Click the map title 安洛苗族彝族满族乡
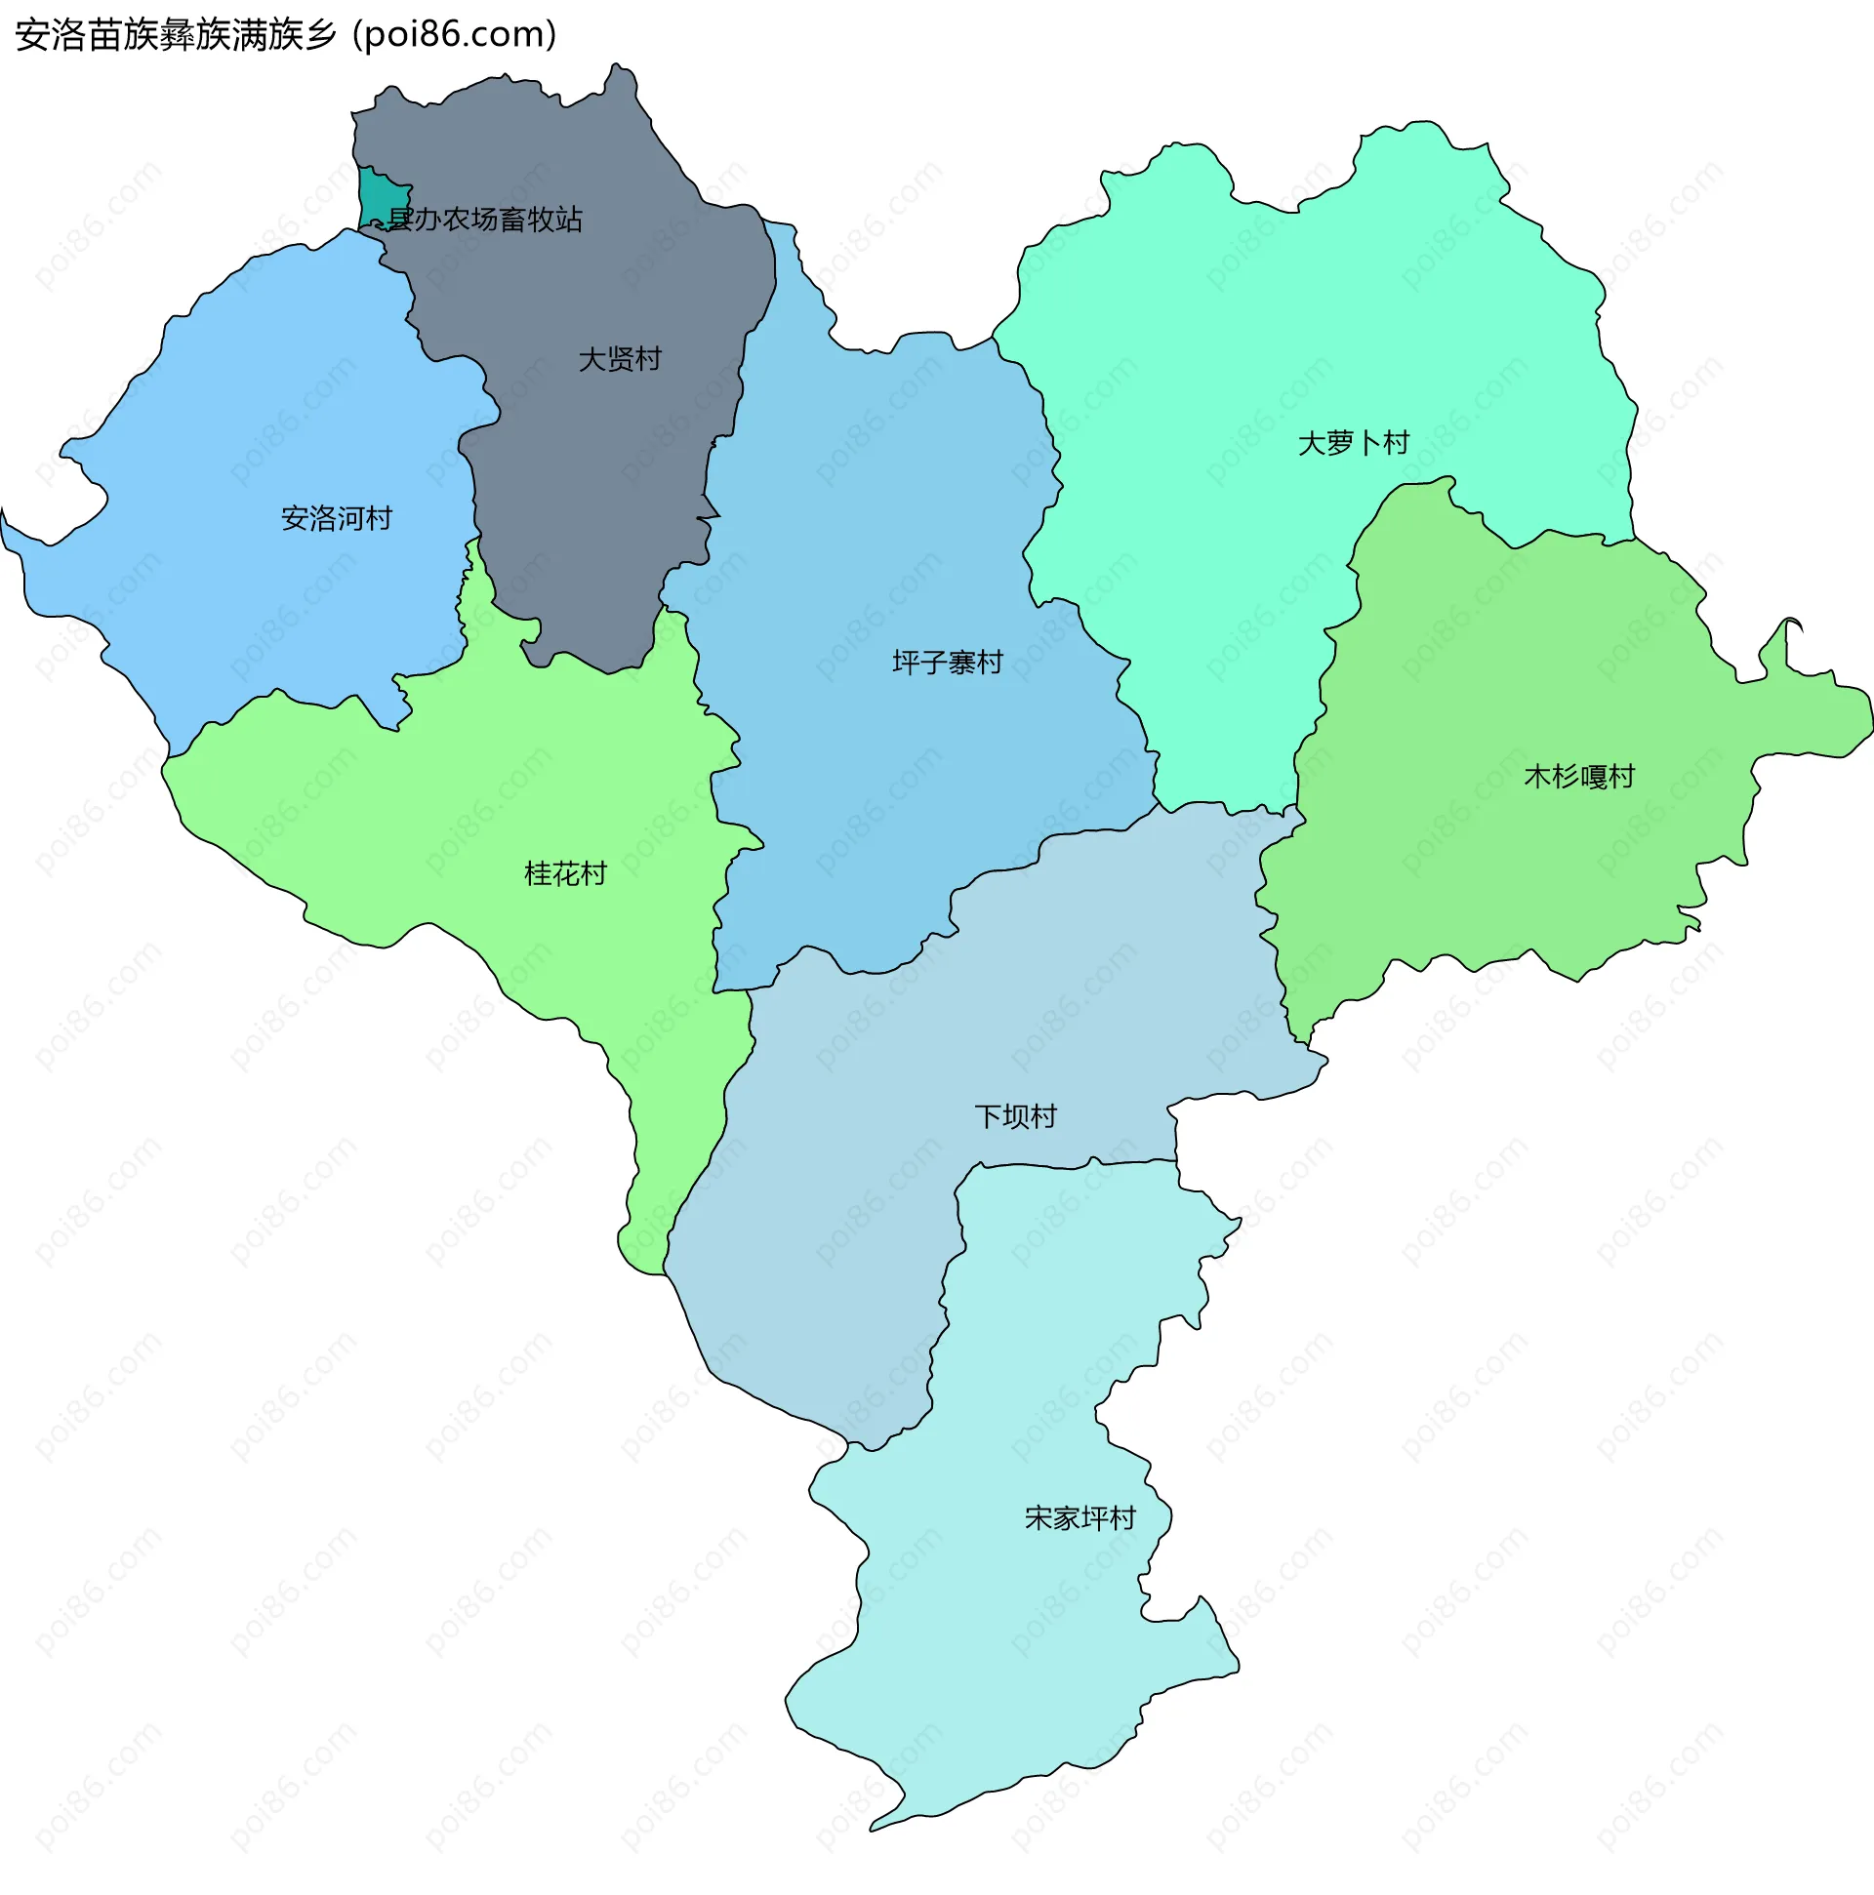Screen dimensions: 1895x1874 tap(176, 35)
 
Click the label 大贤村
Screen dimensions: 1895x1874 tap(619, 359)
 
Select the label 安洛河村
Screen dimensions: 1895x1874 tap(337, 518)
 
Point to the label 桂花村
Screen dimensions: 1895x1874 tap(565, 873)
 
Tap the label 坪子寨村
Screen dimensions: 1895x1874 tap(947, 662)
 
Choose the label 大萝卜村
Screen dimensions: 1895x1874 tap(1353, 443)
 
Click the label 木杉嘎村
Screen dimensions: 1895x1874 tap(1578, 777)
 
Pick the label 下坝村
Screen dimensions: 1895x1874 tap(1015, 1116)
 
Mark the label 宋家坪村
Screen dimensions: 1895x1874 tap(1080, 1518)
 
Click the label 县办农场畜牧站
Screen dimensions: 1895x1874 tap(485, 219)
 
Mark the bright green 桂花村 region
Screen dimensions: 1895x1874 tap(441, 814)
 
